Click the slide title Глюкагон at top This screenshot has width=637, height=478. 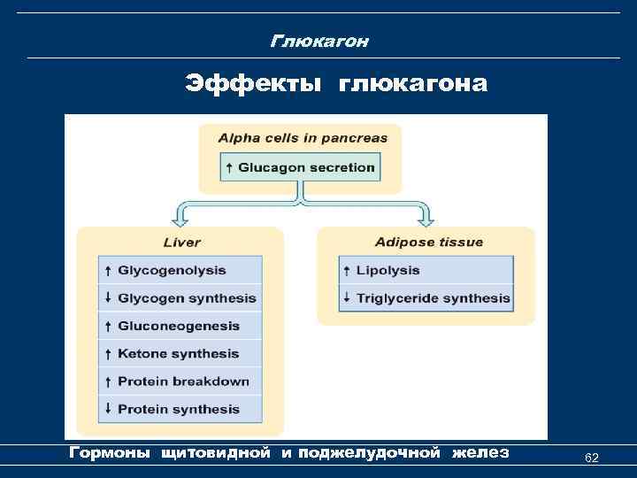click(x=319, y=42)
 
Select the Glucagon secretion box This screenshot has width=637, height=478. click(x=300, y=167)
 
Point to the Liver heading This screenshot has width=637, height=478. click(x=182, y=243)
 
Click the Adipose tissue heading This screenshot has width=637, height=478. click(x=428, y=242)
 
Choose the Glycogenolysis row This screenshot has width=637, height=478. click(x=180, y=271)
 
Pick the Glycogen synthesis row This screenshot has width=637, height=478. click(x=180, y=298)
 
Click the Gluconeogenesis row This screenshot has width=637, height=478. click(x=180, y=326)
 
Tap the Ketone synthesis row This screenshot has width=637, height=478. click(x=180, y=353)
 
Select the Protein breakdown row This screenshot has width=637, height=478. click(x=180, y=382)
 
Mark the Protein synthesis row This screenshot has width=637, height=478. click(x=180, y=409)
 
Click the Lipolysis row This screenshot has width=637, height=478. click(x=426, y=271)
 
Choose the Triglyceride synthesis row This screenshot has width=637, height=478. click(x=426, y=298)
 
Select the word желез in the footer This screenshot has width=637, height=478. click(x=480, y=453)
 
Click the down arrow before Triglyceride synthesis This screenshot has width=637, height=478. click(x=347, y=297)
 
